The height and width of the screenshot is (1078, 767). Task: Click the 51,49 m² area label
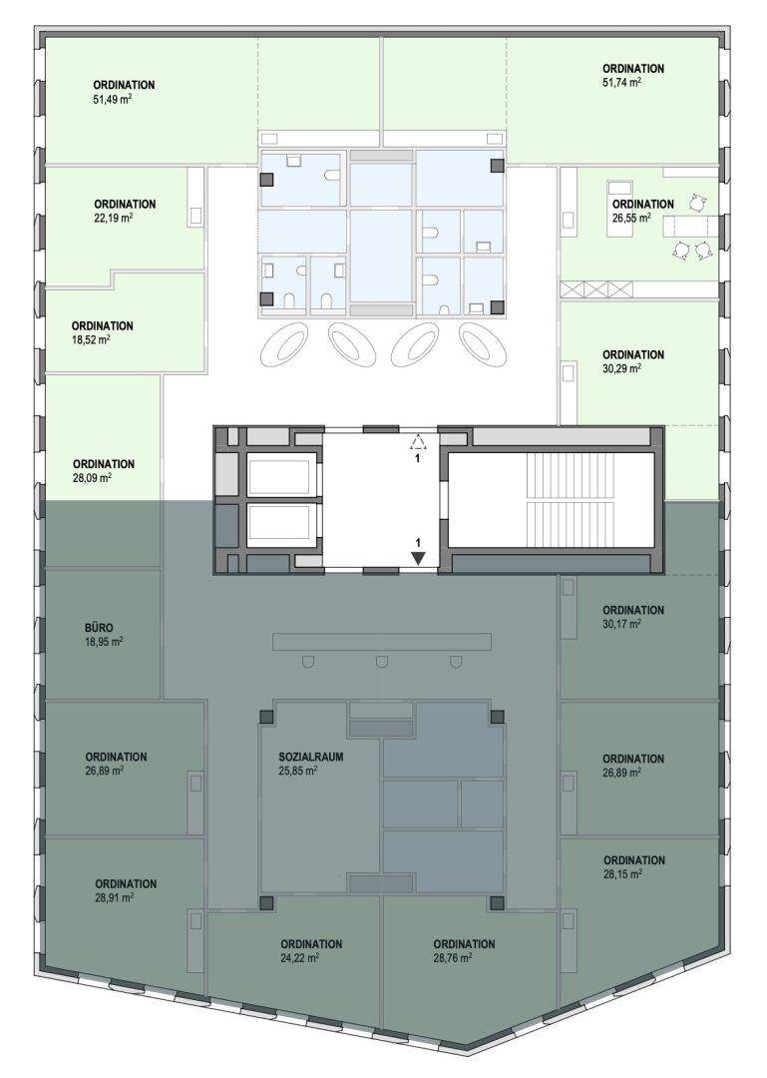[112, 100]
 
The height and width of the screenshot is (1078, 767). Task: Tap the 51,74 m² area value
[622, 83]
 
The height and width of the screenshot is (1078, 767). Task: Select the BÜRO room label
[101, 628]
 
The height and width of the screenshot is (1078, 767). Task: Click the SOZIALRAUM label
[310, 757]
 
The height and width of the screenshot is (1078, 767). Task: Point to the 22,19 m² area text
[114, 218]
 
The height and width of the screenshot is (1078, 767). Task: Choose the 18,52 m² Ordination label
[103, 325]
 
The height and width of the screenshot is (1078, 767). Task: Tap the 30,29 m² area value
[622, 368]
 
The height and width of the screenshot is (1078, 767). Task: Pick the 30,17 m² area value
[622, 624]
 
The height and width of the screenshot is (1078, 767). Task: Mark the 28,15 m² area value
[623, 874]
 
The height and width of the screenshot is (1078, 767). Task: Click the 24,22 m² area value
[299, 957]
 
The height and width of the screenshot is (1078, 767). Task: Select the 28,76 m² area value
[453, 957]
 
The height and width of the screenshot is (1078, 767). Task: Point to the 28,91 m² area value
[114, 898]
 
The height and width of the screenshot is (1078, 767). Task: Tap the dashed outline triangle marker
[418, 442]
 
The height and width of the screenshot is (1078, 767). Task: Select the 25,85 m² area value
[297, 771]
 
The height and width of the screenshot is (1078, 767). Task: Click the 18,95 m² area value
[104, 642]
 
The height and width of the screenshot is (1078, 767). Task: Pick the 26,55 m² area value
[631, 218]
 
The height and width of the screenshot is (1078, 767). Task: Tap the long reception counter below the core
[382, 642]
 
